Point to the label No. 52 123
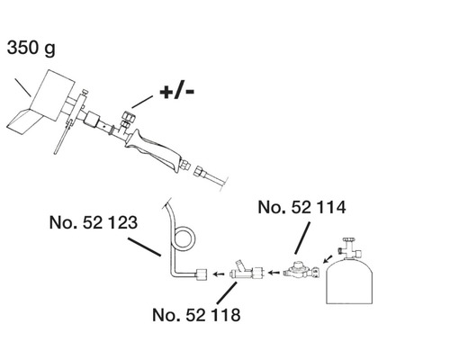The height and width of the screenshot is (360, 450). pos(92,220)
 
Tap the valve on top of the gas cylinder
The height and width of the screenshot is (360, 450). pos(346,248)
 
